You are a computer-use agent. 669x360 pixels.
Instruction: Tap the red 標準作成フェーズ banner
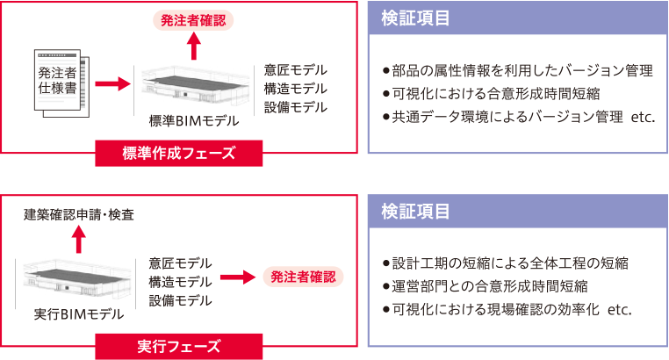pyautogui.click(x=179, y=153)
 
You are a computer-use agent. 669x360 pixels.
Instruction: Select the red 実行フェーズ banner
pyautogui.click(x=179, y=346)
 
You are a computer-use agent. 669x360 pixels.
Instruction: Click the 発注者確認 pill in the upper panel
pyautogui.click(x=195, y=18)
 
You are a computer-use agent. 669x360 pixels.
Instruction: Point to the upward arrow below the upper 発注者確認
pyautogui.click(x=195, y=47)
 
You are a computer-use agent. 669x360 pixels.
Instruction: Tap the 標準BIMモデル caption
pyautogui.click(x=189, y=120)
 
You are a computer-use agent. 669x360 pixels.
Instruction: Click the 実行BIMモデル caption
pyautogui.click(x=79, y=313)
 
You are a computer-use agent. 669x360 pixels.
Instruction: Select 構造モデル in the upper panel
pyautogui.click(x=296, y=89)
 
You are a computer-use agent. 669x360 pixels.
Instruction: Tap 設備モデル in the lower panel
pyautogui.click(x=180, y=300)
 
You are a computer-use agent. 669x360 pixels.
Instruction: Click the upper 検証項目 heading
pyautogui.click(x=417, y=18)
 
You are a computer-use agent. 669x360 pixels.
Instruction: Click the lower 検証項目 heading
pyautogui.click(x=417, y=212)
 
